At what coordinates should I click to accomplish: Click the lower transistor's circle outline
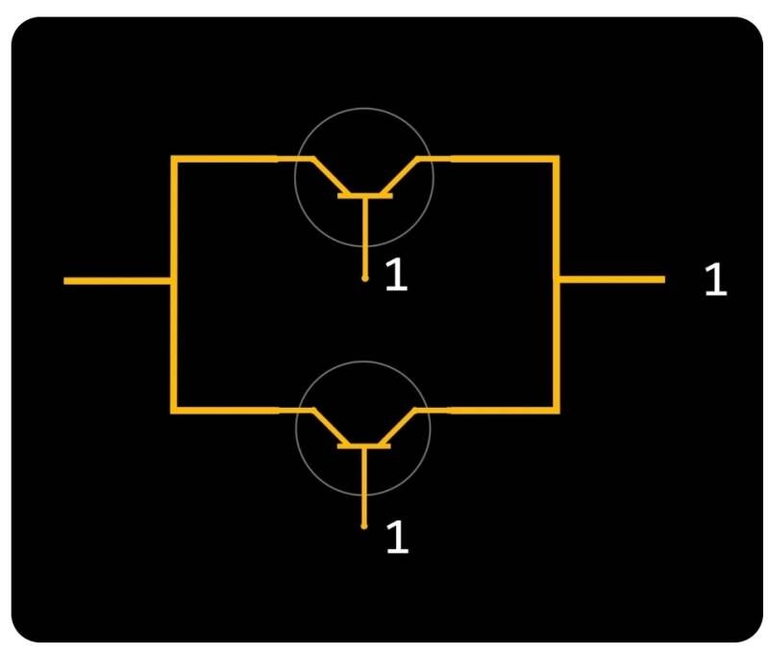363,362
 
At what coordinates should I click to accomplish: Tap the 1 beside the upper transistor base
396,276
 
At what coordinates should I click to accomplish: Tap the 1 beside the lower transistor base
397,538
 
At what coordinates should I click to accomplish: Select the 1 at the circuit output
715,280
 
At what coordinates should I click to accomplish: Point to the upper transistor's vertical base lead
364,236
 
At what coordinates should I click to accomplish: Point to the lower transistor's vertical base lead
364,486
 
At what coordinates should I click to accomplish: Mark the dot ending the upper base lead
364,279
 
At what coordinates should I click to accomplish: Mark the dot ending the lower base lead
364,526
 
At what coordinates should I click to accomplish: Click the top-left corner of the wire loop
174,158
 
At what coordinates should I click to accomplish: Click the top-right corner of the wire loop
557,158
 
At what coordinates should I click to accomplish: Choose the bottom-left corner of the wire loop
174,411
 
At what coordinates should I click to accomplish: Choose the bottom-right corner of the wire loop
557,410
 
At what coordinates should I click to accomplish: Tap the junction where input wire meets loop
174,281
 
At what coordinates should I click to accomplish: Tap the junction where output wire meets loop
557,280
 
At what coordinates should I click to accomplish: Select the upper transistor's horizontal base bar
364,197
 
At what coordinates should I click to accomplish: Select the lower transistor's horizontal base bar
364,446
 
